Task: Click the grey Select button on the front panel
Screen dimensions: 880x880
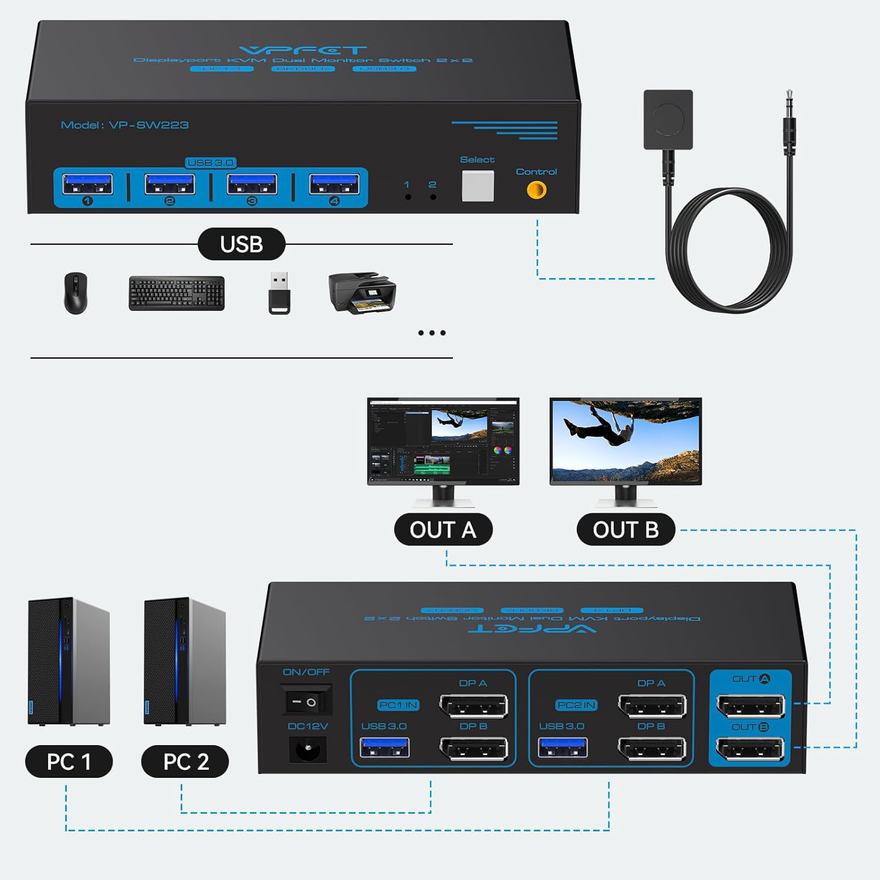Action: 478,186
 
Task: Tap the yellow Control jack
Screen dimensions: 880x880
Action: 536,189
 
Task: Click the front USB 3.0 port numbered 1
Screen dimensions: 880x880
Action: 87,184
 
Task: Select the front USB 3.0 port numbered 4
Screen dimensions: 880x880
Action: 334,184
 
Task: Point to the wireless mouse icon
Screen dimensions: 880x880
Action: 76,293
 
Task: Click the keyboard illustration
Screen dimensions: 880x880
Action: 177,293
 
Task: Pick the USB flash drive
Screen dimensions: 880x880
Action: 279,293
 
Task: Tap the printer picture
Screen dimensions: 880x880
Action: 362,292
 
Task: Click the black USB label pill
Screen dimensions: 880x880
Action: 241,244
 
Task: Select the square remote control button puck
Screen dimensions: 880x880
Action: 668,120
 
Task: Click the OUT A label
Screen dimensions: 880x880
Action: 443,530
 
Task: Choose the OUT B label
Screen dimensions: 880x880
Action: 625,530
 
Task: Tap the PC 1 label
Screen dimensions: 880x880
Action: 69,761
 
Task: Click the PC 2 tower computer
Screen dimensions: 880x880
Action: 185,662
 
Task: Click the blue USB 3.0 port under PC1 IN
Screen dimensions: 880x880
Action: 384,748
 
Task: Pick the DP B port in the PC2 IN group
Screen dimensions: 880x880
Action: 652,749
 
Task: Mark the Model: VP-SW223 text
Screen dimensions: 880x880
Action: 125,125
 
